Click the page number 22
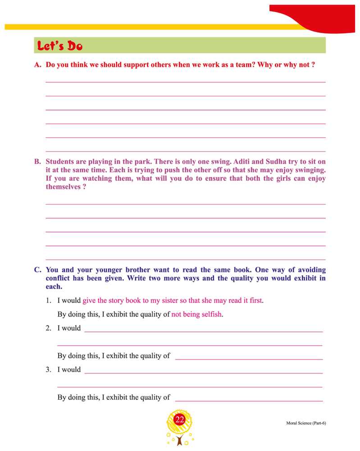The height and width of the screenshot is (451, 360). coord(180,420)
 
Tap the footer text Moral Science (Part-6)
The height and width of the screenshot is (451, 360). coord(305,423)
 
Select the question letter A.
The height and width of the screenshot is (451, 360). coord(38,65)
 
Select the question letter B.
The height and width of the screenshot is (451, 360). coord(38,161)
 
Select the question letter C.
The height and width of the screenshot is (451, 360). coord(38,270)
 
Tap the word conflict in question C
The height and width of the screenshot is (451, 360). coord(60,278)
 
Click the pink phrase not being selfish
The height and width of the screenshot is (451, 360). coord(197,314)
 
